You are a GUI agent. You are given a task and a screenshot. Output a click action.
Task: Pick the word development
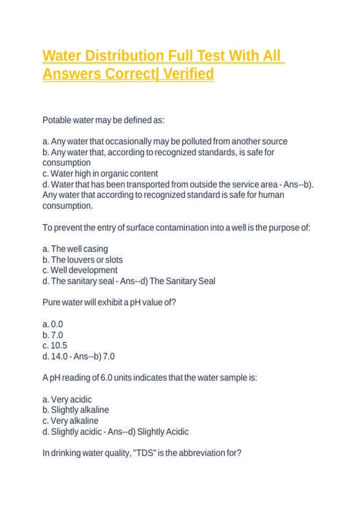click(x=93, y=270)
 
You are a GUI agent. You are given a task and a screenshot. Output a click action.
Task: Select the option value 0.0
click(x=57, y=324)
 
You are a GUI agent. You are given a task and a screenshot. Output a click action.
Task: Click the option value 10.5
click(x=59, y=346)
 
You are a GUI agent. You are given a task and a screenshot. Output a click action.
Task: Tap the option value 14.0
click(x=59, y=356)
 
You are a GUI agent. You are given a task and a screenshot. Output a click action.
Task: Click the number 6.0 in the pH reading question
click(x=106, y=378)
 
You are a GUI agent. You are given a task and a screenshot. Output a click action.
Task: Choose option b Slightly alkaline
click(x=79, y=410)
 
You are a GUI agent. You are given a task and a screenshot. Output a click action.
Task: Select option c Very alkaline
click(x=74, y=421)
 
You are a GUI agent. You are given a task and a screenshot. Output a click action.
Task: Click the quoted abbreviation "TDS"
click(x=145, y=453)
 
